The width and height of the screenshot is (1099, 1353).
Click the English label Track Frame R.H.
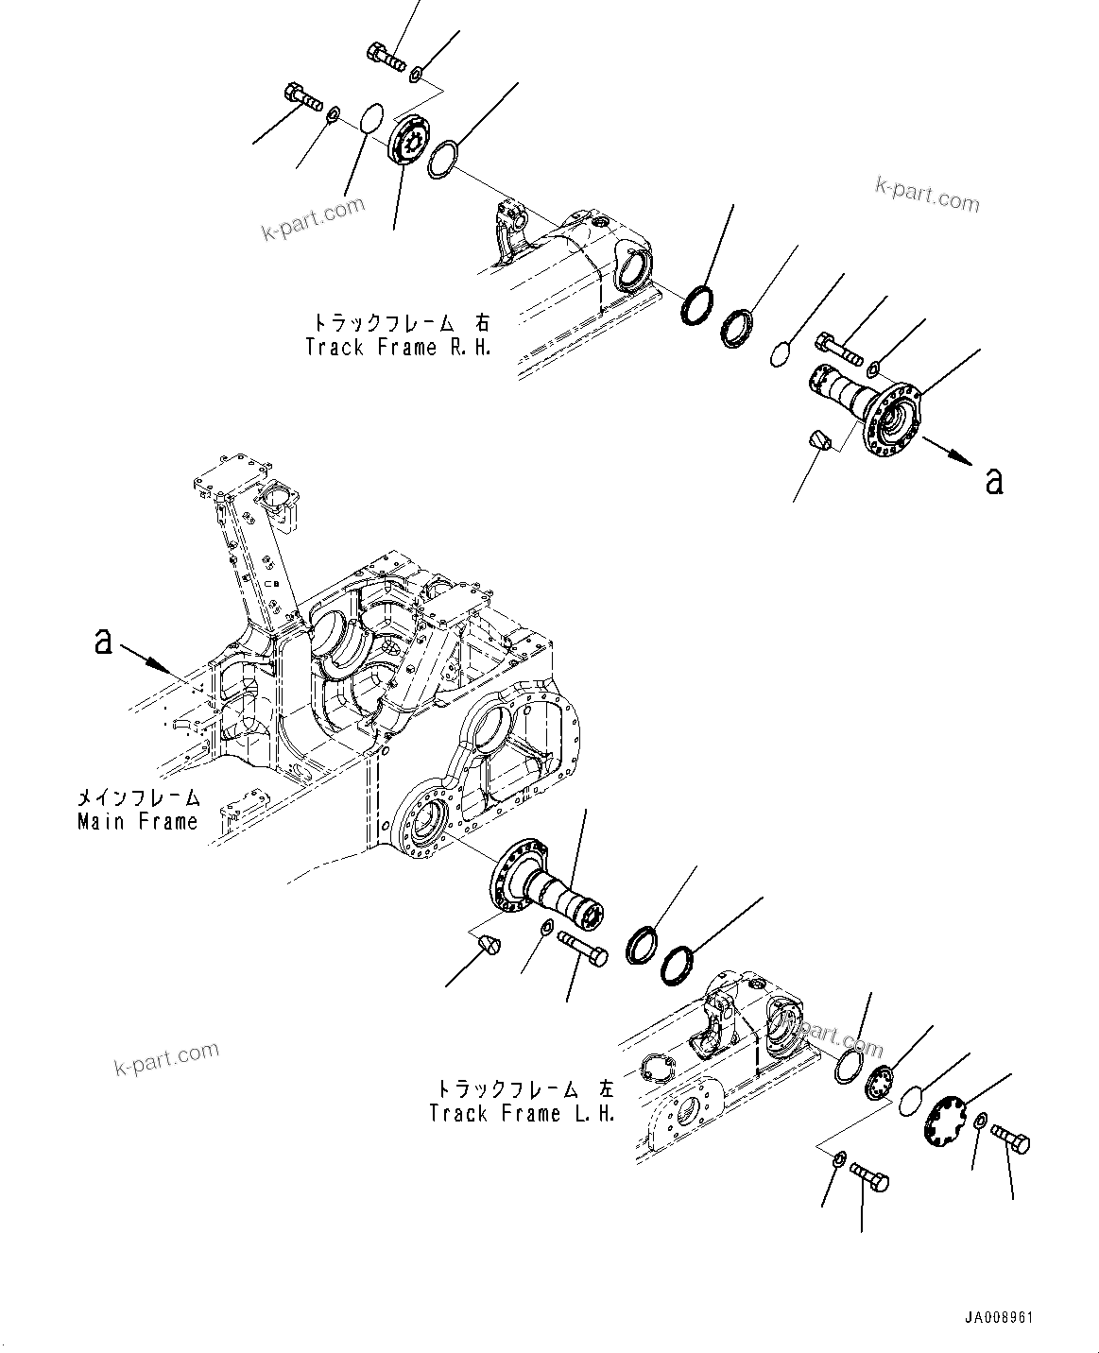coord(398,347)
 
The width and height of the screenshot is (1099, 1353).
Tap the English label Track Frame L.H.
coord(522,1114)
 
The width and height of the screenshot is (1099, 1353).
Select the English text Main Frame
coord(138,821)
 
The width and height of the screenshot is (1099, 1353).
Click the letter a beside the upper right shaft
coord(993,481)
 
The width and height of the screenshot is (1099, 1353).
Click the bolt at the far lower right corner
coord(1011,1140)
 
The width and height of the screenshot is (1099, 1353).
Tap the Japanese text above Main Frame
coord(138,796)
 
